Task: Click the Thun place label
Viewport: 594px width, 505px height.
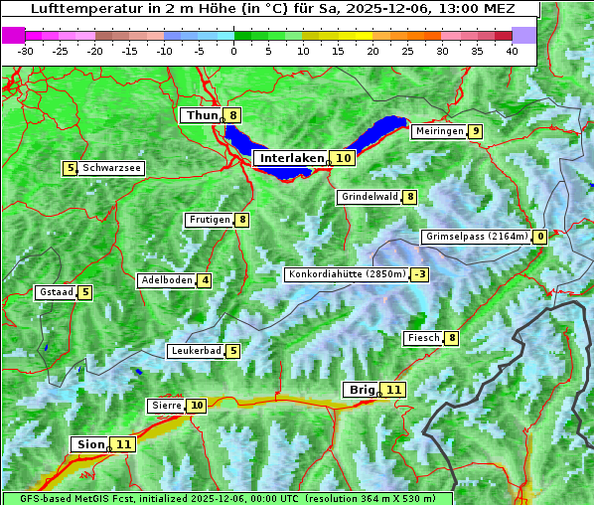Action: pos(202,115)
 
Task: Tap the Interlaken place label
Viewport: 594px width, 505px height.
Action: pos(292,158)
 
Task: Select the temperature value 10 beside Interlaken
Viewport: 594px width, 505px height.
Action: pos(344,158)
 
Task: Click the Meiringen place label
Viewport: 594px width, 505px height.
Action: pos(439,131)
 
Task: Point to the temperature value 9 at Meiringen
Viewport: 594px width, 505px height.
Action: pos(477,131)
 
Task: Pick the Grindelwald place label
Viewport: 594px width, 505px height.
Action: pos(370,197)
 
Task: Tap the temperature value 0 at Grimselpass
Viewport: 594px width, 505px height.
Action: pos(540,237)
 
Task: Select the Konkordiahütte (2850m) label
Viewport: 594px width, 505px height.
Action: pos(347,274)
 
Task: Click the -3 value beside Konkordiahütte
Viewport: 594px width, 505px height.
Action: pos(420,274)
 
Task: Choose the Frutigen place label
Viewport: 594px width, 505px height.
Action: pos(209,220)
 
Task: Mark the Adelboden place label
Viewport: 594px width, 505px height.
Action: pos(166,280)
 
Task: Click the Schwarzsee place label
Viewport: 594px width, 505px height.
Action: pos(111,168)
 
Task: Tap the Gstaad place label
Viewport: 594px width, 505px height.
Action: pos(56,292)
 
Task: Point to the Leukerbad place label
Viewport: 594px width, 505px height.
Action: pos(195,351)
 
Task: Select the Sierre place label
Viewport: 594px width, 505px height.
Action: pos(167,406)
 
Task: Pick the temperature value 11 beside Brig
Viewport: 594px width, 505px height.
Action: pos(394,390)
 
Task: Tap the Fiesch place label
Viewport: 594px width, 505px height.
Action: pos(423,338)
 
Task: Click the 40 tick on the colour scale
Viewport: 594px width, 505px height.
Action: pos(512,51)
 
